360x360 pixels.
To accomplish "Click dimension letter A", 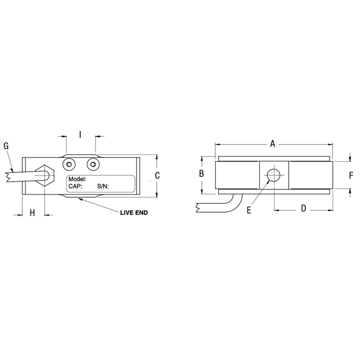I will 272,144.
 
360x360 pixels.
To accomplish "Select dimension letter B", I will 202,174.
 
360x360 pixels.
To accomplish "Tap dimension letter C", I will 157,176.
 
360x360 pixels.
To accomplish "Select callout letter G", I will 6,145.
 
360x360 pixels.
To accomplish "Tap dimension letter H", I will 32,213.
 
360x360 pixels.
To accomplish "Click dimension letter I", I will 80,134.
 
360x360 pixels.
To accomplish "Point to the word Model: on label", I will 77,179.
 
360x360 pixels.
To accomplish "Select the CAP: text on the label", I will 75,186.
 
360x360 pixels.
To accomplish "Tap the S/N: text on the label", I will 103,186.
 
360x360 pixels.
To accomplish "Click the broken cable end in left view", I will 9,175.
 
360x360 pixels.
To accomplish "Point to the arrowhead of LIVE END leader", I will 79,198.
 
